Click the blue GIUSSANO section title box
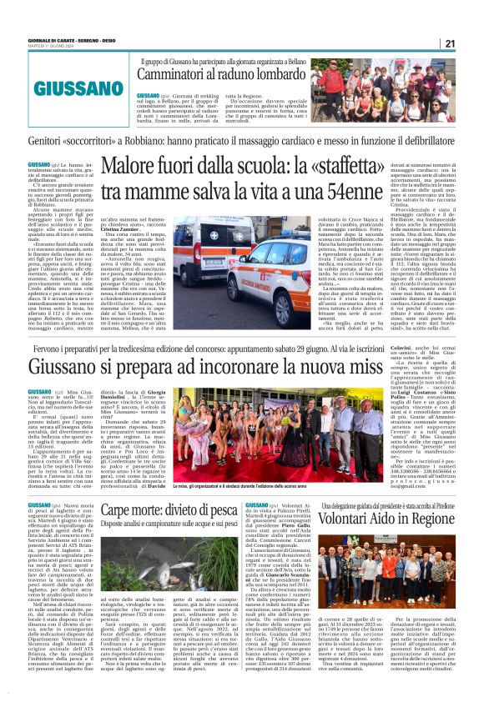pyautogui.click(x=65, y=88)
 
